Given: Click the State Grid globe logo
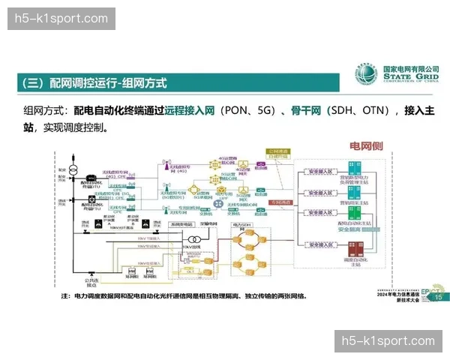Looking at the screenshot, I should click(x=368, y=76).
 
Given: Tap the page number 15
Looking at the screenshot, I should click(x=438, y=298).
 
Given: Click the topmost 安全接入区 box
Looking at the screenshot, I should click(x=319, y=172).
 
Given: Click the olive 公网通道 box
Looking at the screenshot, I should click(x=278, y=153).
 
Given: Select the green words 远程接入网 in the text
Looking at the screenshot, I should click(x=187, y=111).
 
